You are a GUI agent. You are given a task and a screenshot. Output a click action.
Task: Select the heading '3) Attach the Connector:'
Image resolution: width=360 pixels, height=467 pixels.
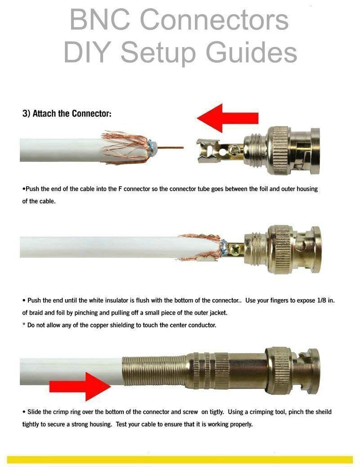click(x=67, y=113)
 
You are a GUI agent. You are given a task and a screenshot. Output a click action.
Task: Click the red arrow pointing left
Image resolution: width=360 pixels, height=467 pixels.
click(x=228, y=118)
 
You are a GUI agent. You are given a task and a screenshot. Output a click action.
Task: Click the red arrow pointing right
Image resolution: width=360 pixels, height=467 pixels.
click(x=80, y=386)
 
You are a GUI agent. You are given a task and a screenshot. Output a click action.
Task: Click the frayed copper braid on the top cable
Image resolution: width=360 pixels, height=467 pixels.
click(x=125, y=148)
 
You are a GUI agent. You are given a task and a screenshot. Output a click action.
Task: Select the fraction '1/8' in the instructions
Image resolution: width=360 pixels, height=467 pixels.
click(x=321, y=300)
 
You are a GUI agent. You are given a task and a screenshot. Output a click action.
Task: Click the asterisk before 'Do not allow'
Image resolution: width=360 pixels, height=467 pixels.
click(x=23, y=324)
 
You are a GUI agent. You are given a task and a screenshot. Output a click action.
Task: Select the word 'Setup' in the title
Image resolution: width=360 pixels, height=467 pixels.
click(x=158, y=53)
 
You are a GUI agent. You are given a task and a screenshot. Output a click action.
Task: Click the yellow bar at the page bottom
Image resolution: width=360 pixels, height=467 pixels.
click(x=180, y=459)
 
